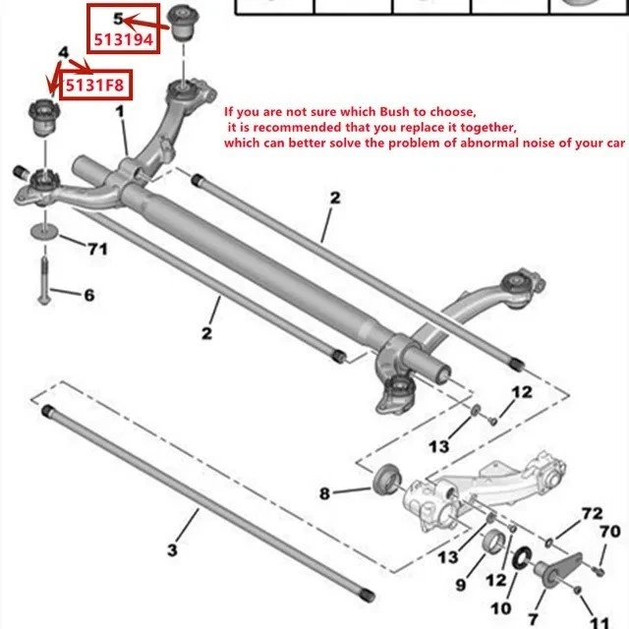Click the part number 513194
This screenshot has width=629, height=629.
(x=124, y=40)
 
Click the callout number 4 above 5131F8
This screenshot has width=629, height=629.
(x=63, y=51)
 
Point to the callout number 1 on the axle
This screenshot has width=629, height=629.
(x=120, y=113)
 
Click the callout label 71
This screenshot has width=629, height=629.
(x=96, y=249)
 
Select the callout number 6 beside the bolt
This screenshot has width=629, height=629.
(x=89, y=293)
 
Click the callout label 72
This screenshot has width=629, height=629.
(x=590, y=514)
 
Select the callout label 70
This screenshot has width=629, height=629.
(x=609, y=533)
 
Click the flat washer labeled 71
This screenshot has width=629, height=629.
(x=43, y=232)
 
